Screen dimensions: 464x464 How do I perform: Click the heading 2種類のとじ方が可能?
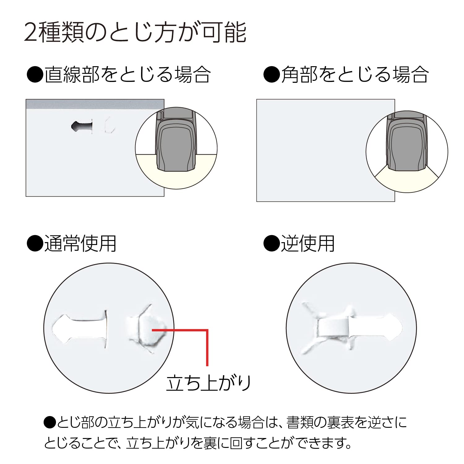pos(135,32)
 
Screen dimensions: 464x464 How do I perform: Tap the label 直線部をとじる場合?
pos(127,75)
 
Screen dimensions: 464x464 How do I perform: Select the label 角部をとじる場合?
pos(354,75)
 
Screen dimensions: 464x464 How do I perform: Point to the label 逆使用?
pos(307,243)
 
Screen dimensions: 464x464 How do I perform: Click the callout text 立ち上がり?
pos(208,383)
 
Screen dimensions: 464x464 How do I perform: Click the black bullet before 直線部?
pos(35,75)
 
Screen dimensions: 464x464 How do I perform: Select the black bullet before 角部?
pos(271,75)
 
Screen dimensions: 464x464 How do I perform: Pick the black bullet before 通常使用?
pos(35,244)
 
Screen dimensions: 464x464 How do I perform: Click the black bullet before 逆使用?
pos(271,244)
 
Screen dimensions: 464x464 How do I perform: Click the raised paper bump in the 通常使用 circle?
pos(148,329)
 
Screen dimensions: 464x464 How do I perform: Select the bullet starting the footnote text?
pos(49,423)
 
